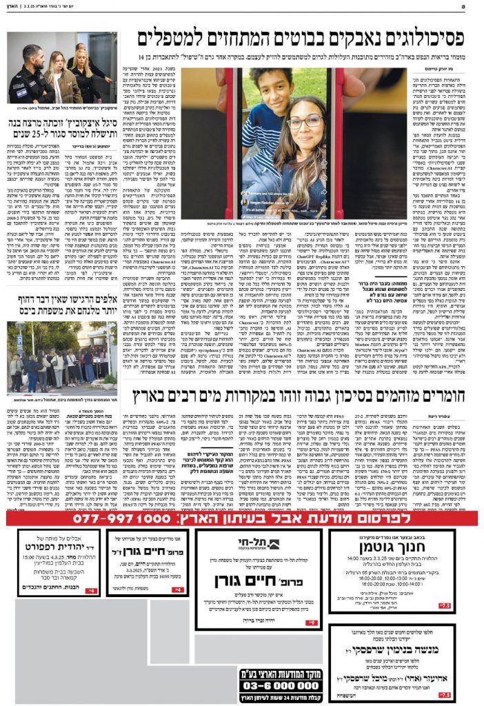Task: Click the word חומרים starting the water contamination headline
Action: coord(445,396)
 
